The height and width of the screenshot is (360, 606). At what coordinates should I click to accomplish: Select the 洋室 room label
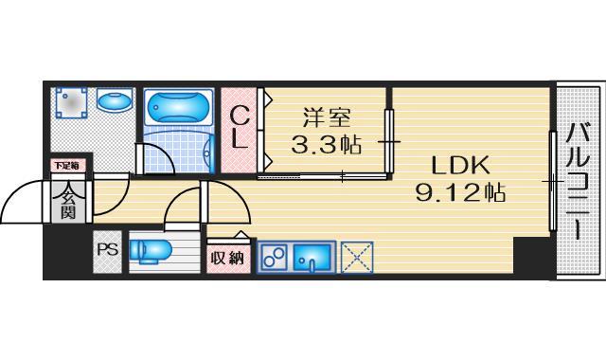click(x=327, y=119)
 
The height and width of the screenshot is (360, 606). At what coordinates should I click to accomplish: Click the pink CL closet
click(x=241, y=129)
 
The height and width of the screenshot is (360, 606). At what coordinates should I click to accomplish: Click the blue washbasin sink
click(x=114, y=99)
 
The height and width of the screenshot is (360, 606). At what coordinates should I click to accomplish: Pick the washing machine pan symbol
click(x=72, y=102)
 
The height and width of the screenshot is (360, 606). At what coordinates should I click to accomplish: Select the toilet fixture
click(x=151, y=250)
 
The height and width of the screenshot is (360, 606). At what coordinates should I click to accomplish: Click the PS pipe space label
click(x=107, y=250)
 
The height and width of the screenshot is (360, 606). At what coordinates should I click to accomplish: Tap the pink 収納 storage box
click(x=226, y=256)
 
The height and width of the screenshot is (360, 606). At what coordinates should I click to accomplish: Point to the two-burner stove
click(x=275, y=257)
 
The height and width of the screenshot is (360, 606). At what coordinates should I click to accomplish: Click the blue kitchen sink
click(x=312, y=257)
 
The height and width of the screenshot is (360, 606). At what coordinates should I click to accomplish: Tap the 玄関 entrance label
click(x=68, y=205)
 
